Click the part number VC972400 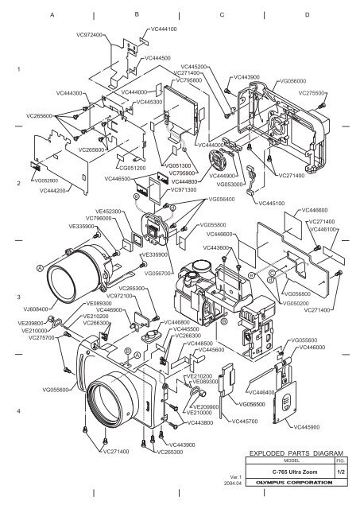(x=89, y=36)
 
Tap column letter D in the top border (x=308, y=15)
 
